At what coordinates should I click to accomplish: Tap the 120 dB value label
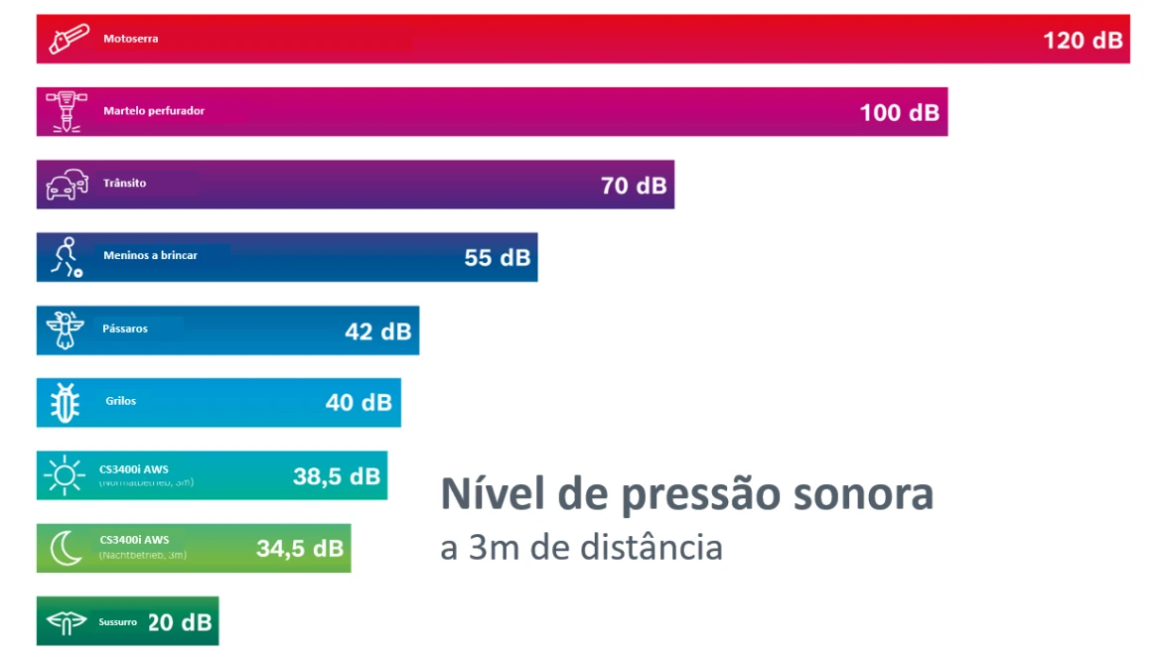(x=1082, y=40)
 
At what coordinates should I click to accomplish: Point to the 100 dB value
(x=899, y=112)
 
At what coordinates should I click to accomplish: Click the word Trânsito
(x=124, y=184)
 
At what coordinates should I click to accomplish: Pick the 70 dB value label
(x=634, y=186)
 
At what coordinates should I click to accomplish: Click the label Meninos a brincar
(x=150, y=256)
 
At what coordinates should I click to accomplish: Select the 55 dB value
(x=497, y=258)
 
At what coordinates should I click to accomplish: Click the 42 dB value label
(x=377, y=331)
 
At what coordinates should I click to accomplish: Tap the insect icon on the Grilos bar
(x=65, y=403)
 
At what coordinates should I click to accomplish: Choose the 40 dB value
(x=359, y=403)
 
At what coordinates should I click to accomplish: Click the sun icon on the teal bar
(x=65, y=476)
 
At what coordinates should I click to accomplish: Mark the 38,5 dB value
(x=336, y=476)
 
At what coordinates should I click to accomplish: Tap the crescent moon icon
(x=66, y=549)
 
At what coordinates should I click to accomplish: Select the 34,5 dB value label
(x=300, y=549)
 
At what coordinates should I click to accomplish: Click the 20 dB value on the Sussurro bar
(x=180, y=622)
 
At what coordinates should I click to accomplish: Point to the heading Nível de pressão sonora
(x=686, y=494)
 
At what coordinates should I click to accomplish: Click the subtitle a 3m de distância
(x=581, y=547)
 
